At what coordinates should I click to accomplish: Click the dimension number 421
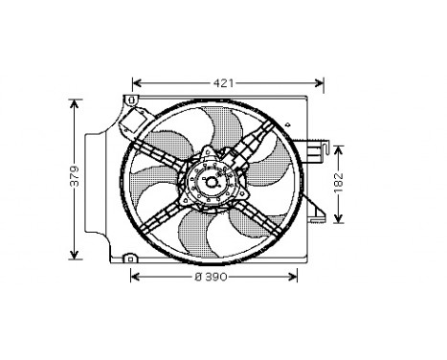223,83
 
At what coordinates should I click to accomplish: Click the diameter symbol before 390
198,277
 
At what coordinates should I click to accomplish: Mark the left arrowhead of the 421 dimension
136,83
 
